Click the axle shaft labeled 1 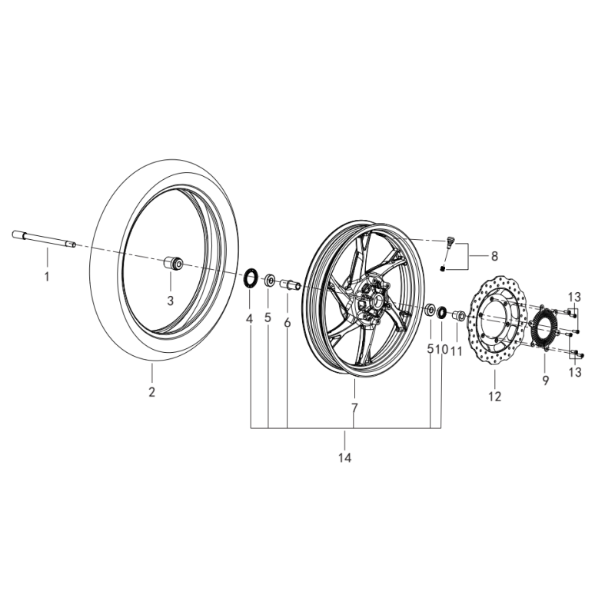(44, 239)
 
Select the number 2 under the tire (151, 392)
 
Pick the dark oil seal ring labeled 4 (249, 278)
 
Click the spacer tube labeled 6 (290, 285)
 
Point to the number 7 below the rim (354, 408)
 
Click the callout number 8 (494, 257)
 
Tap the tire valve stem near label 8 (450, 244)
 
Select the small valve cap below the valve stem (443, 268)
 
